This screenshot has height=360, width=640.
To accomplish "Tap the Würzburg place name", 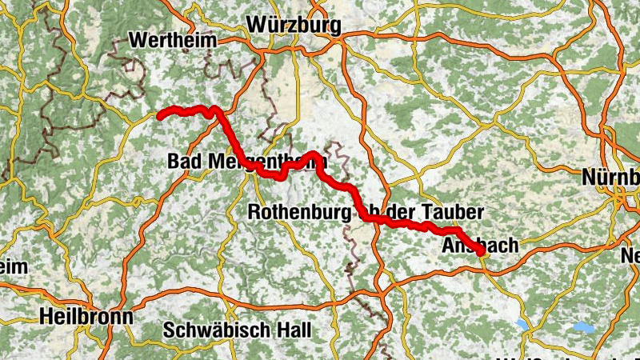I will [x=294, y=25].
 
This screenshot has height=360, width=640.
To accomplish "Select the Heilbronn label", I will [x=87, y=315].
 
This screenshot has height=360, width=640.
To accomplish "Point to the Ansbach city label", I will [x=480, y=246].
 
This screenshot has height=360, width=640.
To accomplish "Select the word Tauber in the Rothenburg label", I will [x=457, y=213].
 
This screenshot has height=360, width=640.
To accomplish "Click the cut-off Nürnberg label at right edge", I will [x=611, y=176].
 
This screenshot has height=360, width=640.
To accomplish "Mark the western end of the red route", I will [x=159, y=117].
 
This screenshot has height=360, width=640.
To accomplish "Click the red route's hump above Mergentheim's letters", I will [x=312, y=154].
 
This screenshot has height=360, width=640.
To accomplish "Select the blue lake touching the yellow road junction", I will [x=524, y=324].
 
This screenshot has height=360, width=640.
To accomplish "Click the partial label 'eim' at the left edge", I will [x=14, y=267].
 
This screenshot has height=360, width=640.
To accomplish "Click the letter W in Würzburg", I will [x=259, y=25].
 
